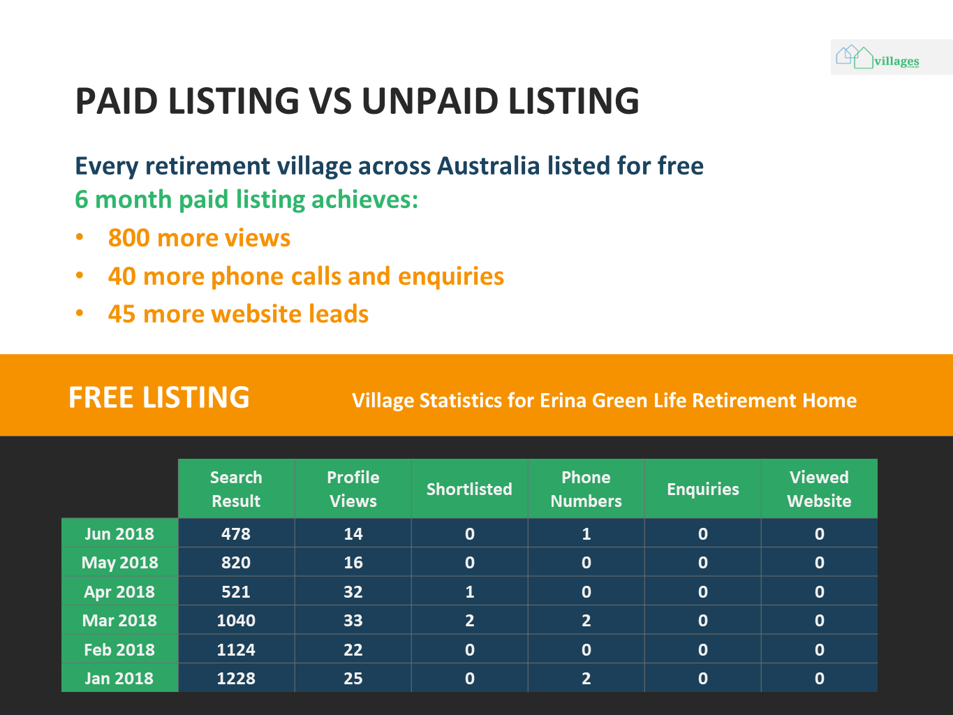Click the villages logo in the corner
[x=878, y=57]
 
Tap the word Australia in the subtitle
[x=488, y=166]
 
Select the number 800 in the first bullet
[x=128, y=238]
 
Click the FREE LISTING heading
[x=159, y=397]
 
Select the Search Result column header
[x=236, y=489]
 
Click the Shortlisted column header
[x=469, y=489]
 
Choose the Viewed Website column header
[x=819, y=489]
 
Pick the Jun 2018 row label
[x=119, y=533]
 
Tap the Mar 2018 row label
[x=119, y=620]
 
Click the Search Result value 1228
[x=236, y=678]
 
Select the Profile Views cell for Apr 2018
[x=353, y=591]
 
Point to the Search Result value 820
[x=236, y=563]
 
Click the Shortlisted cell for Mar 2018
[x=469, y=620]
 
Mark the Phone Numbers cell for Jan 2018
[x=586, y=678]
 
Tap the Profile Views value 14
[x=353, y=533]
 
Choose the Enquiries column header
[x=703, y=489]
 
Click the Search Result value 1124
[x=236, y=649]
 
